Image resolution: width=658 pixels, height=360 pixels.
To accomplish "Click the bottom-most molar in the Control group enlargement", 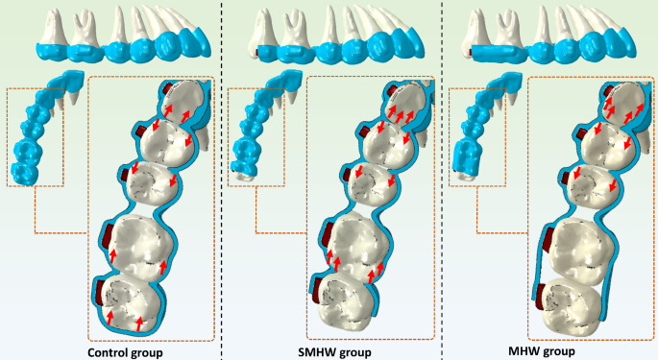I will coord(132,302).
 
